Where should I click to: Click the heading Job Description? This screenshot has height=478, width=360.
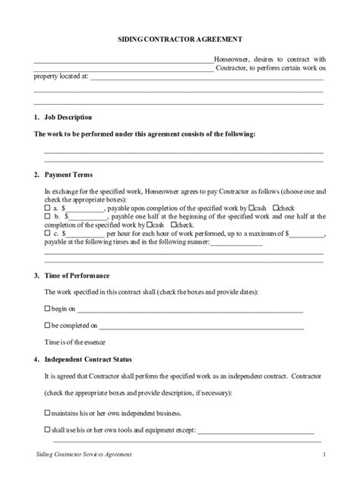point(68,118)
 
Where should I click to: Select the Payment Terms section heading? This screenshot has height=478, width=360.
point(67,175)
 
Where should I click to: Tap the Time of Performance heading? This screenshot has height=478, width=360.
point(74,275)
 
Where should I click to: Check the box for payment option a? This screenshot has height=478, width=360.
point(47,207)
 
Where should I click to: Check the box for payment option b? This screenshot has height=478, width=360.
point(47,216)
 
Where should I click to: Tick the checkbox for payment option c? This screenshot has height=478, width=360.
point(47,235)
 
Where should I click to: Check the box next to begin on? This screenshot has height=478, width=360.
point(47,310)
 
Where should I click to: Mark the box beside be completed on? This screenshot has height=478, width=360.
point(47,326)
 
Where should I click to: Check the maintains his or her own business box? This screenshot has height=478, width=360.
point(47,414)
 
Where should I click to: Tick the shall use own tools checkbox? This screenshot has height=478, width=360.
point(47,430)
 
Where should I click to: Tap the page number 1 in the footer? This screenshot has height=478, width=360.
point(324,455)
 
